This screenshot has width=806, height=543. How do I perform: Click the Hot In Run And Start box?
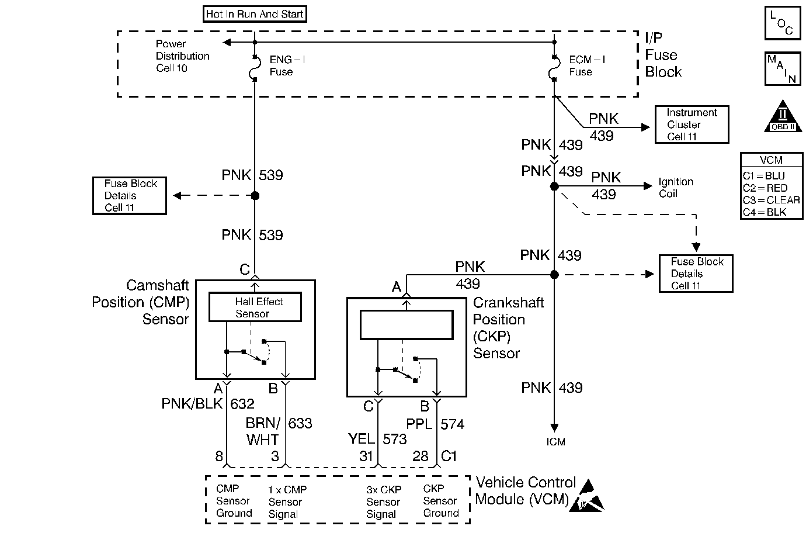coord(255,14)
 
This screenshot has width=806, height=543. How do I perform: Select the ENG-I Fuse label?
coord(287,66)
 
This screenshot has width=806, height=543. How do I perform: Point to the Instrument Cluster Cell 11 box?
coord(692,124)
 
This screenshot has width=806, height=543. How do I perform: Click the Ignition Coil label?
coord(676,188)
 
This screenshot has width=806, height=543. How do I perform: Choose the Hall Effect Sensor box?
coord(255,307)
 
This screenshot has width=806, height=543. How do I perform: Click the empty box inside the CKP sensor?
coord(407,325)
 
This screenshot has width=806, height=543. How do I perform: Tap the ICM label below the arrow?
coord(555,442)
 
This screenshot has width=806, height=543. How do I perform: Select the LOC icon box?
coord(782,23)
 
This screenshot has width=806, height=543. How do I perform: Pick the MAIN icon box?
coord(782,69)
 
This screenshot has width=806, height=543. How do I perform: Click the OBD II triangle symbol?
coord(782,117)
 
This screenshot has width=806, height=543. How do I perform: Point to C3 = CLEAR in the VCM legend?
coord(771,200)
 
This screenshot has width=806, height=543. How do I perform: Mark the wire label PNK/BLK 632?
coord(208,404)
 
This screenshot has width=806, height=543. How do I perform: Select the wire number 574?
coord(453,424)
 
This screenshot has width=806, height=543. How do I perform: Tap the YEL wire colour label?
coord(361,439)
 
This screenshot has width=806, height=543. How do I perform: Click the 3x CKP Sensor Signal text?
coord(384,502)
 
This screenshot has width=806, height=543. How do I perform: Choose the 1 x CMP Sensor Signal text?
coord(287,502)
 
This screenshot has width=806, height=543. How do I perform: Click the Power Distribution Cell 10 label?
coord(182,56)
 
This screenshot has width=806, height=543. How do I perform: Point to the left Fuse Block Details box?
coord(130,196)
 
